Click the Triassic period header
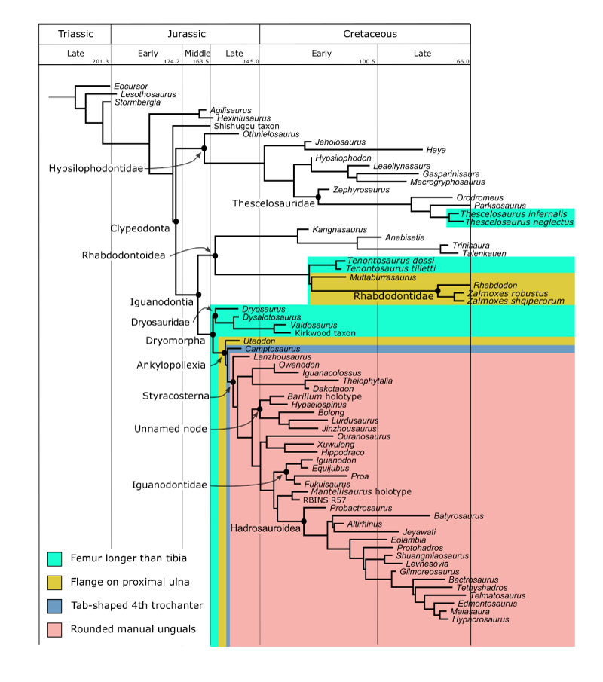click(x=75, y=34)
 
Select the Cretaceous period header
click(x=369, y=34)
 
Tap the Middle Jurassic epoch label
click(x=197, y=54)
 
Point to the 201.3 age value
click(x=101, y=62)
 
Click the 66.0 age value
click(x=461, y=62)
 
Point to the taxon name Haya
click(x=436, y=150)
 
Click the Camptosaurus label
click(x=266, y=350)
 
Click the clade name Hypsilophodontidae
click(x=94, y=170)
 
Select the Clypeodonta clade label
click(x=136, y=227)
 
